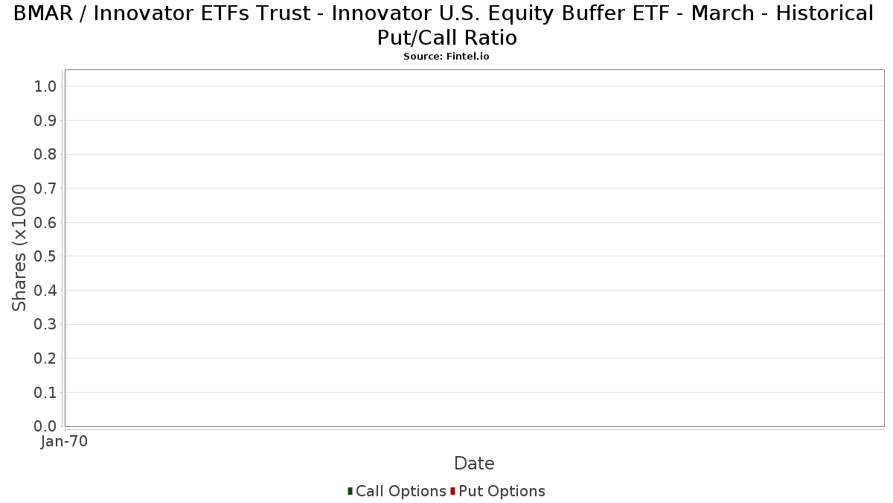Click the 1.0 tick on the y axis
(x=45, y=86)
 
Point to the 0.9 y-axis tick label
(x=45, y=121)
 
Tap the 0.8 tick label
(x=45, y=154)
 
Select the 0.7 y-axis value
(x=45, y=189)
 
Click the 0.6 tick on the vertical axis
(x=45, y=222)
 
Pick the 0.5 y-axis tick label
(x=45, y=256)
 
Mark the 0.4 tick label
(x=45, y=291)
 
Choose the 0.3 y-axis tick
(x=45, y=325)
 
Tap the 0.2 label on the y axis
(x=45, y=358)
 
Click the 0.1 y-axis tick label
(x=45, y=393)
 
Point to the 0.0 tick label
(x=45, y=426)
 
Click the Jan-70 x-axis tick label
(x=64, y=441)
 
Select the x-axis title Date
(x=474, y=464)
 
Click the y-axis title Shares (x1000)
(x=19, y=247)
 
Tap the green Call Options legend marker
(x=350, y=491)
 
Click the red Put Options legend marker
(x=453, y=491)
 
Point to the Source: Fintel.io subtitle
(x=446, y=57)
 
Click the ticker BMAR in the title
(x=43, y=13)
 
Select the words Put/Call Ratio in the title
(x=447, y=38)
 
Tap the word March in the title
(x=723, y=13)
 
